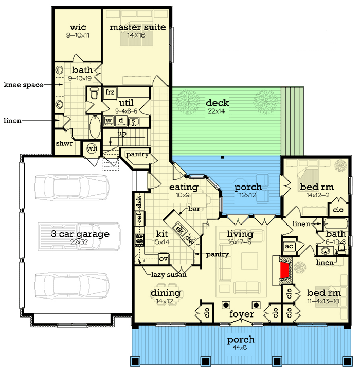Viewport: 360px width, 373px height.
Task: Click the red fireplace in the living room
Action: pos(285,270)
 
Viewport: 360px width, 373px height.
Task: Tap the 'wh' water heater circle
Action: pos(92,148)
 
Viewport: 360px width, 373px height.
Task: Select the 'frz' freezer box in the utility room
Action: pos(110,92)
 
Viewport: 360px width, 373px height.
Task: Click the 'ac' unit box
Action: pos(289,246)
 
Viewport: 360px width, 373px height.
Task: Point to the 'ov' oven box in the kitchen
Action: pos(164,259)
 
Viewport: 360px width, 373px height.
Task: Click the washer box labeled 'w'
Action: pos(109,121)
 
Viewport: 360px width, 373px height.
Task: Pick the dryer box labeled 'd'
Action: pos(121,121)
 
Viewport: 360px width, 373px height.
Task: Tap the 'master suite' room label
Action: pos(138,27)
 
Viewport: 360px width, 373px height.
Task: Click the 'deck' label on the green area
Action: pos(218,103)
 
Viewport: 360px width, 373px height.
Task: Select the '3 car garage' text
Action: pos(80,234)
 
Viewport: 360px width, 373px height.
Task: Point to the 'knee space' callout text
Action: pos(24,85)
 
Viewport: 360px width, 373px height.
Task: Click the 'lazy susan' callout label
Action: pos(169,275)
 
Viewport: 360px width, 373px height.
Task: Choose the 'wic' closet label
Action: pos(78,27)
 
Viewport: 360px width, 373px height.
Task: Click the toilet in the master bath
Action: pos(94,94)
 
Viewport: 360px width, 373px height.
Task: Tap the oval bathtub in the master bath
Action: pos(95,127)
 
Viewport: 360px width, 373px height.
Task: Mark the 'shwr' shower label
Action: pos(64,143)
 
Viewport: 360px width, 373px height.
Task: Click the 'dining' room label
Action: pos(166,293)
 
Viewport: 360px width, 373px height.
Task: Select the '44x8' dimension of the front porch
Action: pos(240,347)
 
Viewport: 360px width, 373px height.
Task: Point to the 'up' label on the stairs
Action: pos(122,134)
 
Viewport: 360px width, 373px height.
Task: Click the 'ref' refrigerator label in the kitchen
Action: pos(139,217)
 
